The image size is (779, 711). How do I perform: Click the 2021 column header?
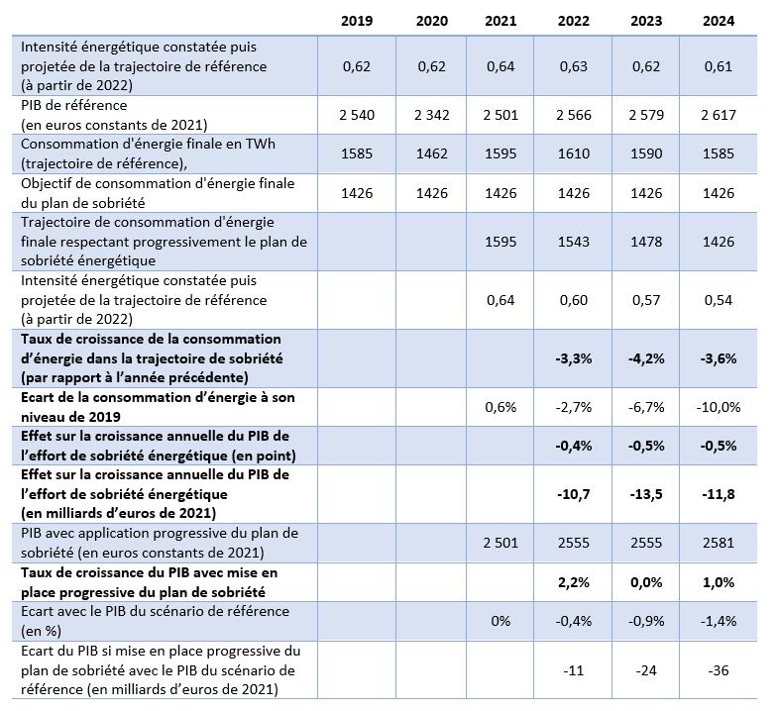tap(501, 21)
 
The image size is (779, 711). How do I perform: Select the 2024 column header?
tap(719, 21)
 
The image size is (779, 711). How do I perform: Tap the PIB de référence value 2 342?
tap(432, 115)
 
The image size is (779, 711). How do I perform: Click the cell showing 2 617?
tap(719, 115)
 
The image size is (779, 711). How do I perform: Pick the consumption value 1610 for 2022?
tap(573, 153)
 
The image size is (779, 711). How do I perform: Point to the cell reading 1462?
tap(432, 153)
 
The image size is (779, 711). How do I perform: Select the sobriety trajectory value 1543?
tap(573, 242)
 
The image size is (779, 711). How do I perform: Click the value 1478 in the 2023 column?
tap(646, 242)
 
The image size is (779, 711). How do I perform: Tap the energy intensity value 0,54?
tap(719, 300)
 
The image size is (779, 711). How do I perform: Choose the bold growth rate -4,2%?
tap(646, 358)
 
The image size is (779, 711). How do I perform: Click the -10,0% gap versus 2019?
tap(719, 408)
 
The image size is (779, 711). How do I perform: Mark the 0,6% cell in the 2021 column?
tap(501, 408)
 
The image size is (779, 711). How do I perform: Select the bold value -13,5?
tap(646, 494)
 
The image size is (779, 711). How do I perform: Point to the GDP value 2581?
tap(719, 543)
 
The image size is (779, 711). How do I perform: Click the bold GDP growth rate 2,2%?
tap(573, 582)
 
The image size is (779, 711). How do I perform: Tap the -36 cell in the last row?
tap(719, 670)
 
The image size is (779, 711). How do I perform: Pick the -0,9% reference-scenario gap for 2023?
tap(646, 621)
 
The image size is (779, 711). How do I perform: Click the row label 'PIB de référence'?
tap(74, 105)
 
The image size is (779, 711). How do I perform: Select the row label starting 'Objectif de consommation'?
tap(158, 193)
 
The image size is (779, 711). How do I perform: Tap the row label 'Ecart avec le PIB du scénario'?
tap(155, 621)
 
